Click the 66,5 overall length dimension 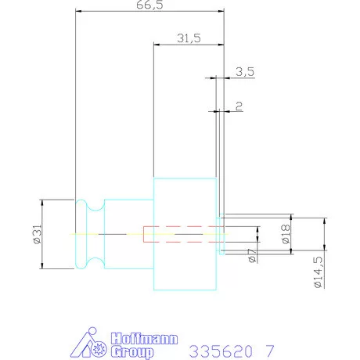[x=149, y=5]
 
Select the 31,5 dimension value [x=189, y=38]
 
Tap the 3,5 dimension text [x=245, y=72]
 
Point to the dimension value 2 [x=239, y=106]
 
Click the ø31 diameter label [x=38, y=234]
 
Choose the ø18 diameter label [x=286, y=234]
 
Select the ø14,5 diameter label [x=319, y=272]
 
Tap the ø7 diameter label [x=252, y=255]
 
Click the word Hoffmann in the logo [x=144, y=339]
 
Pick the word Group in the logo [x=132, y=351]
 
